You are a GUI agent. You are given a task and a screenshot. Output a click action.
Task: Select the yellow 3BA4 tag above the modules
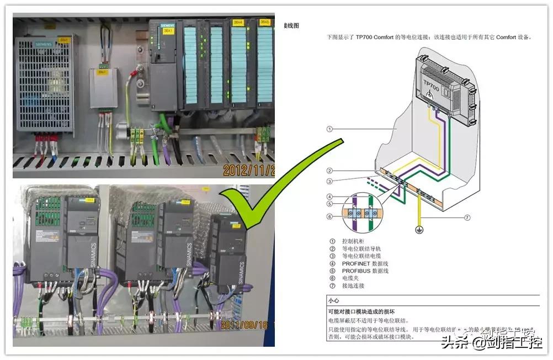click(x=238, y=23)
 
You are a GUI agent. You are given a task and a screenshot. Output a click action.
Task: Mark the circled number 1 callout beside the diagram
click(x=329, y=129)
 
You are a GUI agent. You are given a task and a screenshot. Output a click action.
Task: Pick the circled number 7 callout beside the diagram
click(x=467, y=218)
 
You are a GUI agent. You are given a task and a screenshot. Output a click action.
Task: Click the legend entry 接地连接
click(x=353, y=286)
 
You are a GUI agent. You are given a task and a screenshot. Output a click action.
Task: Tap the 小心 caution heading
click(x=333, y=301)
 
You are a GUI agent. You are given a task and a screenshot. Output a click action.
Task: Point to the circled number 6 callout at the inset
click(x=329, y=216)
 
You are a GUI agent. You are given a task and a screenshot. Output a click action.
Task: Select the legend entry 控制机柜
click(x=353, y=241)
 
